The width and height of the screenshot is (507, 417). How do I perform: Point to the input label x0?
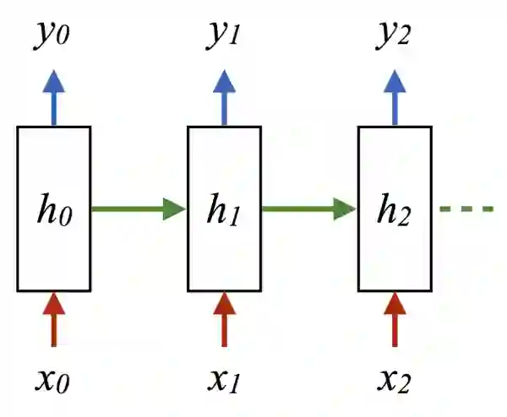(x=53, y=382)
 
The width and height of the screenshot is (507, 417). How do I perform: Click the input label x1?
(x=224, y=382)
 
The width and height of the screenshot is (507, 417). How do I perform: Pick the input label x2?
(x=395, y=382)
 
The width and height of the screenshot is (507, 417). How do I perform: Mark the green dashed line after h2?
(x=466, y=208)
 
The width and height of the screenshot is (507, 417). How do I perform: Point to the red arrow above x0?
(x=53, y=319)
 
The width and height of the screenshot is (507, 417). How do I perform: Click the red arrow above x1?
(x=224, y=319)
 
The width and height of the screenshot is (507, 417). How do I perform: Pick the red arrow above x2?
(x=395, y=319)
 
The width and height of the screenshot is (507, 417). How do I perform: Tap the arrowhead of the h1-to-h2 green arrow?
(x=345, y=208)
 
